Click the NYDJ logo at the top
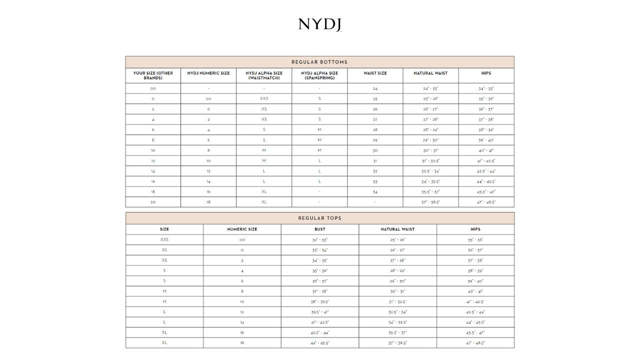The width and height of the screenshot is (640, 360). pos(319,24)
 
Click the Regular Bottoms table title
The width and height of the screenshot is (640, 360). pos(319,62)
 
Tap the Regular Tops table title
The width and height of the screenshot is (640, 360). pos(319,218)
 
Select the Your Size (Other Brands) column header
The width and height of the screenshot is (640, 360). pos(153,75)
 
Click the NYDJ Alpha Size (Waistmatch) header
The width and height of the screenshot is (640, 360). pos(264,75)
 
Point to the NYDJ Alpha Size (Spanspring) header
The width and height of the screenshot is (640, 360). pos(319,75)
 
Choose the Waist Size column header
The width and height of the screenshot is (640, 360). pos(375,73)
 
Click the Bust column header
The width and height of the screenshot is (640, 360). pos(319,229)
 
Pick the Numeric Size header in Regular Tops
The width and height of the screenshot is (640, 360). pos(242,229)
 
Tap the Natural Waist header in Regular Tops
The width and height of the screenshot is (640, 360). pos(397,229)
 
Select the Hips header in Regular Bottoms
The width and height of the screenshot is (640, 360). pos(486,73)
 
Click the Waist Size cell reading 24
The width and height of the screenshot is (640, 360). pos(375,88)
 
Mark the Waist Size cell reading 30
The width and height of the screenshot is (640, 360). pos(375,150)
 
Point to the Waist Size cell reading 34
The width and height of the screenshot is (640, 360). pos(375,192)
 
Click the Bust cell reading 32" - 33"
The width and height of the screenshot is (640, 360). pos(319,240)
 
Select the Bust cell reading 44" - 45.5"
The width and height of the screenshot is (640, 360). pos(319,343)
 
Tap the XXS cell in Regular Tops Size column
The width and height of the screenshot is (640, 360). pos(164,239)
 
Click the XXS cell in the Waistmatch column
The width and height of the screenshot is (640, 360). pos(264,99)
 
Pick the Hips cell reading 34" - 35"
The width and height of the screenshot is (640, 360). pos(486,88)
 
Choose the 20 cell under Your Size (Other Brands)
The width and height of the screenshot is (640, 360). pos(153,202)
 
